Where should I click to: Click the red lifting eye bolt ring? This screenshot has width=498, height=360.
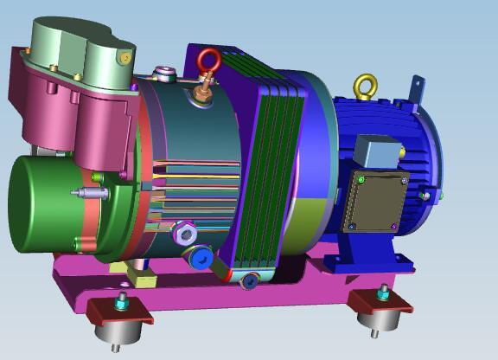[x=208, y=59]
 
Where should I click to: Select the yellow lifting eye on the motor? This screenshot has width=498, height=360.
[x=366, y=86]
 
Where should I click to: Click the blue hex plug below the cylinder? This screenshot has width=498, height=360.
[x=201, y=258]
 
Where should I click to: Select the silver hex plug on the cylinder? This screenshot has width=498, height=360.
[x=184, y=232]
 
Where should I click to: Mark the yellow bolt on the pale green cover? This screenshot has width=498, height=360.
[x=125, y=59]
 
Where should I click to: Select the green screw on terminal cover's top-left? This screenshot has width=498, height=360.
[x=361, y=179]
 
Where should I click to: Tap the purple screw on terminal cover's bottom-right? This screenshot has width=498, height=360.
[x=394, y=227]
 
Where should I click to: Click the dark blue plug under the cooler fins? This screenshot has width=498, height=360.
[x=250, y=280]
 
